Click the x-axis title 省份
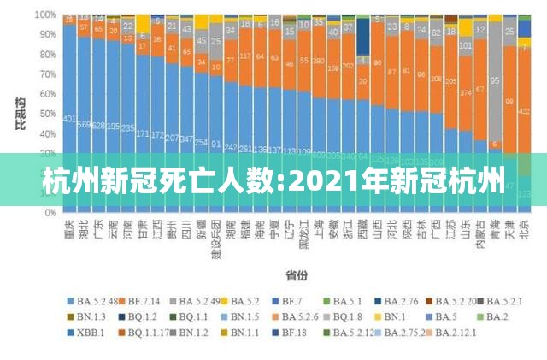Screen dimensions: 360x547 pyautogui.click(x=297, y=275)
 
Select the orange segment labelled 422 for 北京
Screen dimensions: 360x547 pyautogui.click(x=524, y=111)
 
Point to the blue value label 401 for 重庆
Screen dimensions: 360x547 pyautogui.click(x=69, y=120)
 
